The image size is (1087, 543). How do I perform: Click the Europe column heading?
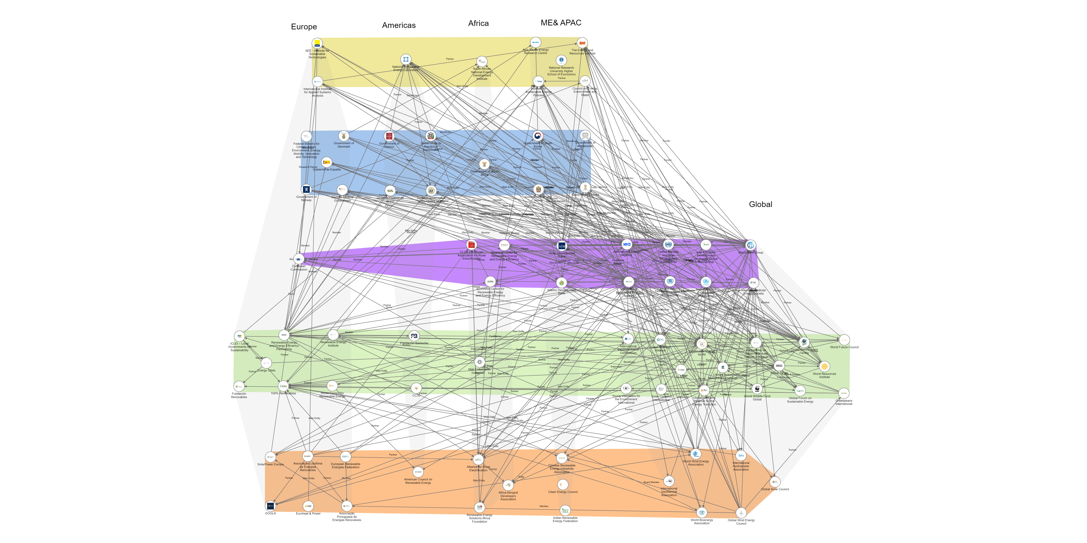tap(304, 27)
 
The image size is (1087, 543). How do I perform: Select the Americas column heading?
tap(399, 25)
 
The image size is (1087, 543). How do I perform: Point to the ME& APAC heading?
tap(561, 23)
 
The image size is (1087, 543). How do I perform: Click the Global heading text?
tap(760, 204)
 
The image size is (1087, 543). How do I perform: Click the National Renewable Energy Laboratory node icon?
tap(405, 60)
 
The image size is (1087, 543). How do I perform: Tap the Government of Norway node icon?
tap(306, 190)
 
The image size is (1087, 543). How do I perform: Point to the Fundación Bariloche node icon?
tap(414, 336)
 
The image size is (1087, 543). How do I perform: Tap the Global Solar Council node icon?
tap(775, 482)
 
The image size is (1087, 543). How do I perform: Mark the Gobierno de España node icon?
tap(327, 162)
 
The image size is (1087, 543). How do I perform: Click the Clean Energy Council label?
tap(563, 492)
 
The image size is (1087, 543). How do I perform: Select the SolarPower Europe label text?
tap(270, 464)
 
